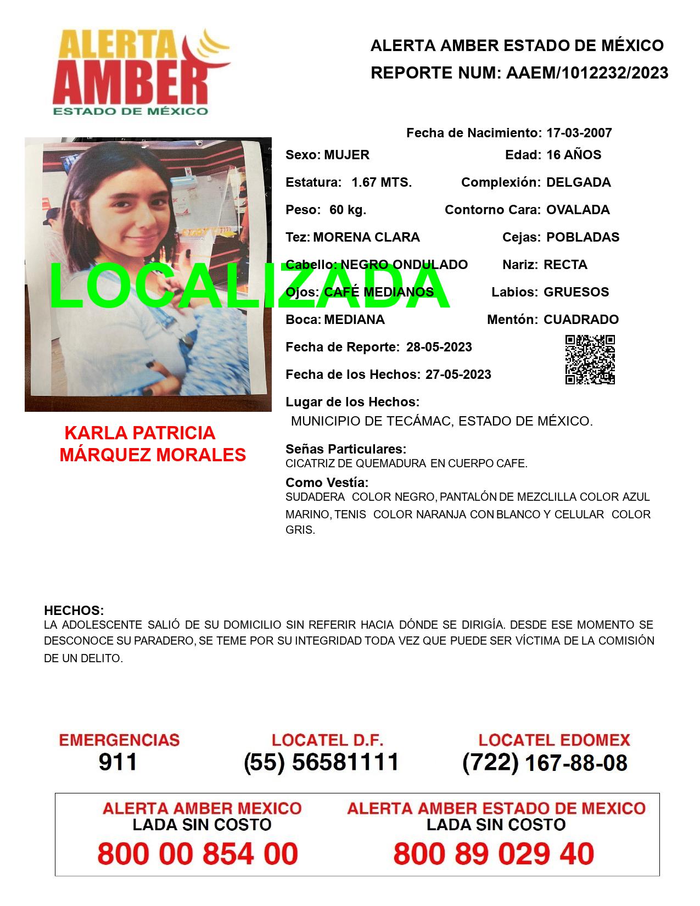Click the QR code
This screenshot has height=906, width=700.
590,360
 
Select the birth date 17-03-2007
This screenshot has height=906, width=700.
579,133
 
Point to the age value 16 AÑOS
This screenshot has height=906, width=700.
573,155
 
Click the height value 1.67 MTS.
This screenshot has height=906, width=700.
382,182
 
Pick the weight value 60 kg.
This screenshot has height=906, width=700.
348,210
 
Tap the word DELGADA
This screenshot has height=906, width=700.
578,182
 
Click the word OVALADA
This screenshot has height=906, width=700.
578,210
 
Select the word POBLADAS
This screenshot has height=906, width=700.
583,237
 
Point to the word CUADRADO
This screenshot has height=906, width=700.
581,320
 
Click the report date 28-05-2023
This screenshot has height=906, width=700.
439,347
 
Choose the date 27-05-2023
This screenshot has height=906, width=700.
458,374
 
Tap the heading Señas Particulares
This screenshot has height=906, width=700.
345,449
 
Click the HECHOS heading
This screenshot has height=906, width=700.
74,611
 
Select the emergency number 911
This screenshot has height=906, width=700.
118,762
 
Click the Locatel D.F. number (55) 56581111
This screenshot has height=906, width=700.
321,762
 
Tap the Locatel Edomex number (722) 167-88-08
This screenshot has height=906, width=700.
545,763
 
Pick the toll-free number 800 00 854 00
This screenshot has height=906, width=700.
198,854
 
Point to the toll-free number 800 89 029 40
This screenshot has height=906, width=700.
494,854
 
